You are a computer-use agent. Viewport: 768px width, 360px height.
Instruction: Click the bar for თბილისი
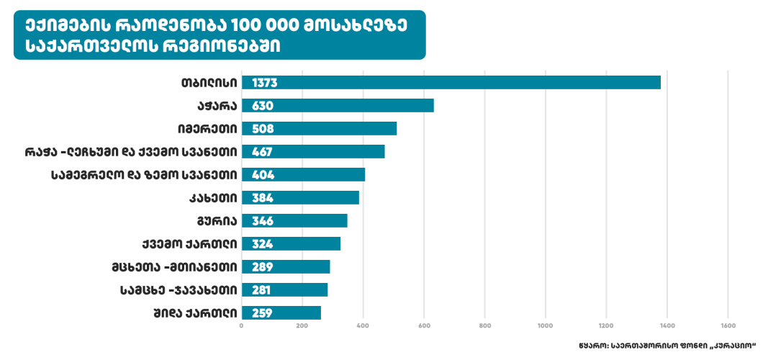tap(451, 83)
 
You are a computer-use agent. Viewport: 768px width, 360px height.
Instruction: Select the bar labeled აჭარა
tap(338, 106)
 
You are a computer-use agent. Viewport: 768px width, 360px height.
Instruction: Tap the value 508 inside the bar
tap(263, 129)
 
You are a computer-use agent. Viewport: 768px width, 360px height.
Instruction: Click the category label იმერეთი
tap(207, 129)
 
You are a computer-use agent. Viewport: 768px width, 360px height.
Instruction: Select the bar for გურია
tap(294, 220)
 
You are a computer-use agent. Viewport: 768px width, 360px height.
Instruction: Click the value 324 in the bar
tap(263, 243)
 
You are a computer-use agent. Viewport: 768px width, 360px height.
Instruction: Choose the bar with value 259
tap(281, 312)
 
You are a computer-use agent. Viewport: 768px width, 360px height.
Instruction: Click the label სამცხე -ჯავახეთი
tap(178, 289)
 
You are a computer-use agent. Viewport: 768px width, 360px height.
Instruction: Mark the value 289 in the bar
tap(263, 266)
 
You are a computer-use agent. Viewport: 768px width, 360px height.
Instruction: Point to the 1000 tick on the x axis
tap(546, 326)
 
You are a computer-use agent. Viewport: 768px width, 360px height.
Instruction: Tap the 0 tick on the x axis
tap(242, 326)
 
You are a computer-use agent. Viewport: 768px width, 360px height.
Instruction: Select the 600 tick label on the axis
tap(424, 326)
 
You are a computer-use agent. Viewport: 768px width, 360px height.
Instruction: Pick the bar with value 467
tap(313, 152)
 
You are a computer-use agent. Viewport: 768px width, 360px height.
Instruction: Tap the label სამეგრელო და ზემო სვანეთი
tap(145, 175)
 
